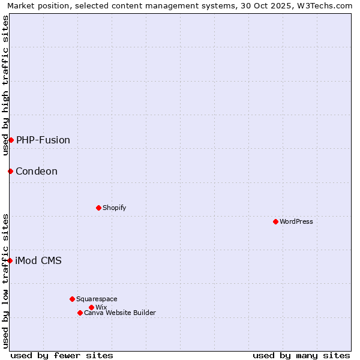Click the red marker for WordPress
point(275,221)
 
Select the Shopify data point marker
point(98,208)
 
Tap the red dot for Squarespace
point(72,299)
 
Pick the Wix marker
point(91,307)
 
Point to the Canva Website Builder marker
point(80,313)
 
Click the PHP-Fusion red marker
point(11,140)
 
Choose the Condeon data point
point(10,171)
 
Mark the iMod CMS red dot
point(10,260)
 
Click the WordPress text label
point(296,221)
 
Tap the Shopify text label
point(114,208)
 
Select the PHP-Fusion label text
point(43,140)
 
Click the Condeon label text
point(37,171)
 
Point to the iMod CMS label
point(38,260)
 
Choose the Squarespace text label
point(97,299)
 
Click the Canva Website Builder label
point(120,313)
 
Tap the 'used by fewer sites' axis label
point(62,355)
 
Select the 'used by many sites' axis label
point(301,355)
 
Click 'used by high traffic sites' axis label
point(5,85)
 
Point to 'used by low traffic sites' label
point(5,281)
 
